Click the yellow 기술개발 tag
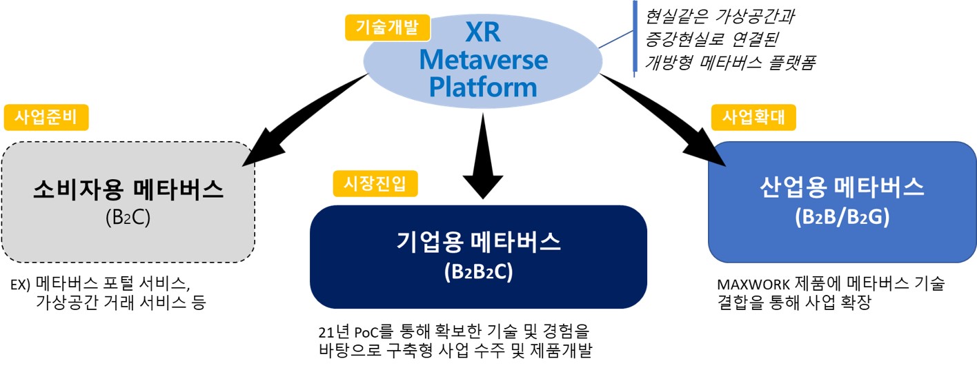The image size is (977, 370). tap(387, 28)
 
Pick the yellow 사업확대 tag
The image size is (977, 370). tap(753, 117)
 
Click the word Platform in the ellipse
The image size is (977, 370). tap(483, 88)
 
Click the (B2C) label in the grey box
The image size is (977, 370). tap(128, 217)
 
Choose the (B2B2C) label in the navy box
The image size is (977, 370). tap(478, 271)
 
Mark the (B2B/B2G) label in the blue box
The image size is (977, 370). tap(842, 217)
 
